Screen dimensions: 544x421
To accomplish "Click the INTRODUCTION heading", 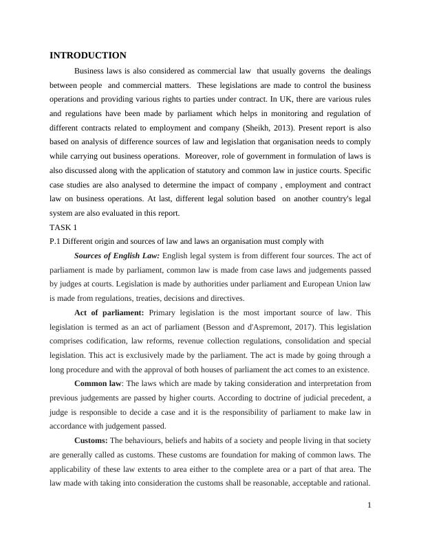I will (88, 56).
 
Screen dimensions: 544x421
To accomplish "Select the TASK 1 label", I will (63, 227).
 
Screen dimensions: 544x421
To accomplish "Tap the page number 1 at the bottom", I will (369, 506).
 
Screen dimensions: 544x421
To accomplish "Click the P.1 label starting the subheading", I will (56, 241).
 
